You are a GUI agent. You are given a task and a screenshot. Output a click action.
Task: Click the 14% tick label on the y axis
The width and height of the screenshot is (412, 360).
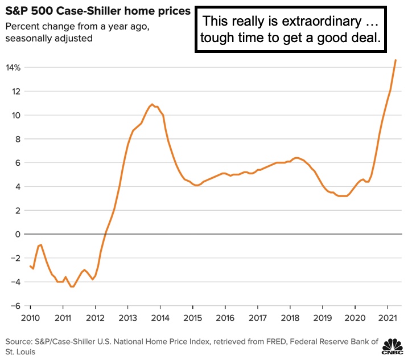pos(14,68)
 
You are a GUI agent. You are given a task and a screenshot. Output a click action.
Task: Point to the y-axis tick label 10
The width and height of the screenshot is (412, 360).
pos(16,116)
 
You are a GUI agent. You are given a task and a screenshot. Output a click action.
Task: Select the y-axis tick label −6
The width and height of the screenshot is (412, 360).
pos(14,306)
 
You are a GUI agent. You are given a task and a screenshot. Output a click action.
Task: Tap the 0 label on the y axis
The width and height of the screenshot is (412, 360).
pos(18,235)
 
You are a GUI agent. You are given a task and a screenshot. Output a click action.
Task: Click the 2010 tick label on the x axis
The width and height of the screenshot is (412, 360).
pos(30,318)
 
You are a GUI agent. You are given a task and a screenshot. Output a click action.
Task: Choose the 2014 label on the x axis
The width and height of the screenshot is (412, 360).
pos(161,318)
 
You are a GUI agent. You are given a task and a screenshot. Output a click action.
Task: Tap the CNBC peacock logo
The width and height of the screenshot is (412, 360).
pos(392,347)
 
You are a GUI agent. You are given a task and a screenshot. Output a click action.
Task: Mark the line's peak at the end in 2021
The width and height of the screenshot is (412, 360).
pos(395,60)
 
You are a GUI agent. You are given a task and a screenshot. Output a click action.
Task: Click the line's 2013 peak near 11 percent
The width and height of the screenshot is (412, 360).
pos(152,104)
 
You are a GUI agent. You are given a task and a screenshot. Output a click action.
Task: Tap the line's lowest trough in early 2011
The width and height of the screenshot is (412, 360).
pos(72,286)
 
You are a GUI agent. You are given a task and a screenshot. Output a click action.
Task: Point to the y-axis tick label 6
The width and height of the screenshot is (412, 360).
pos(18,163)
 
